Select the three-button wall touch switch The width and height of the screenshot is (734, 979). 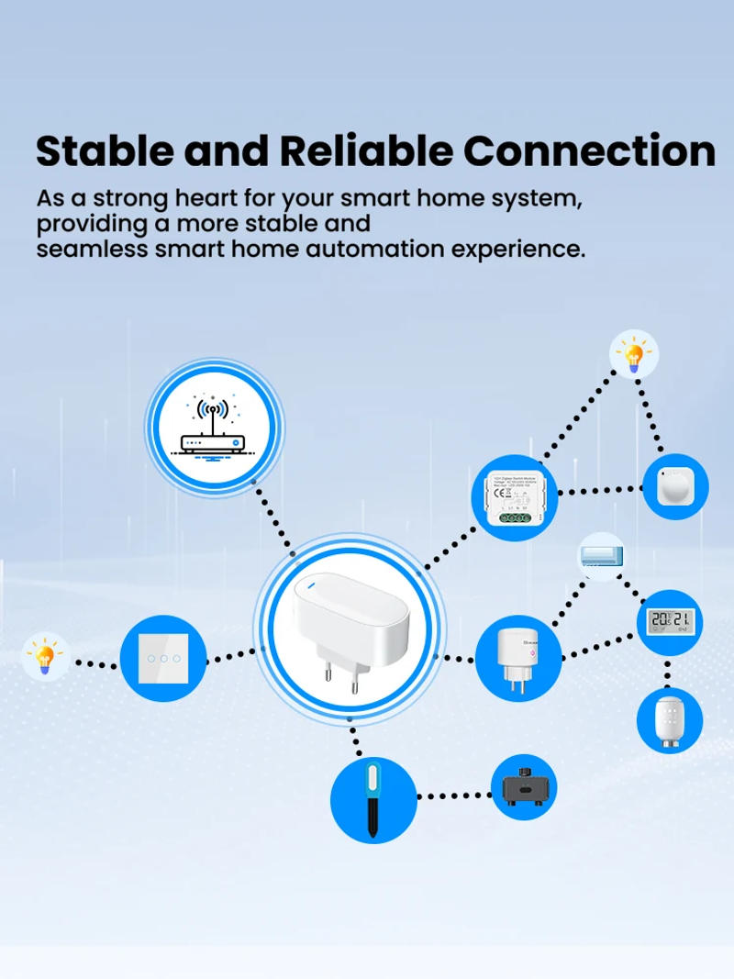click(163, 658)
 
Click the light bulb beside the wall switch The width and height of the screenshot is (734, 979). click(44, 657)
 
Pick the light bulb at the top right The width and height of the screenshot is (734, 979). click(634, 353)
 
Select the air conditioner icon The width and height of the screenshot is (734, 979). click(602, 556)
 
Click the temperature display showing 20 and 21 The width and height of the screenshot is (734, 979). click(670, 621)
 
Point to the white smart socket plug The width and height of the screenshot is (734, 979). click(517, 657)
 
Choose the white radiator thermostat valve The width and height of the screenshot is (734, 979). click(670, 718)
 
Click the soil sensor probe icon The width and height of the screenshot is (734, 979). click(373, 798)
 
